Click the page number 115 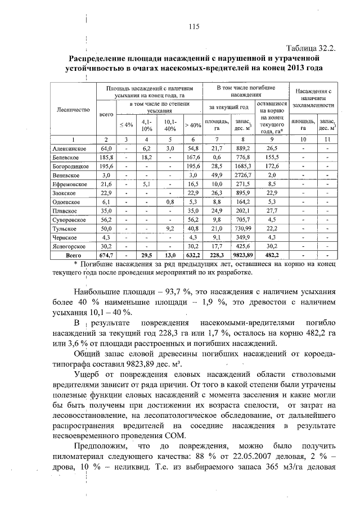click(195, 26)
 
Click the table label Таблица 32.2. click(309, 48)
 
